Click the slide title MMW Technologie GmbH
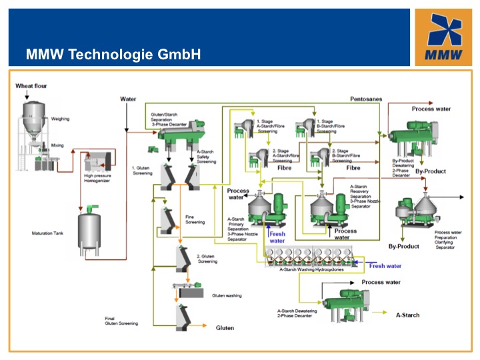tap(113, 54)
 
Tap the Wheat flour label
tap(31, 86)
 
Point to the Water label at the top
tap(128, 99)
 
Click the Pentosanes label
tap(366, 99)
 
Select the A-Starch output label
tap(407, 315)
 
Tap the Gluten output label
tap(225, 328)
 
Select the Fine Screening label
tap(195, 219)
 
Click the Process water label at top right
tap(431, 109)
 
